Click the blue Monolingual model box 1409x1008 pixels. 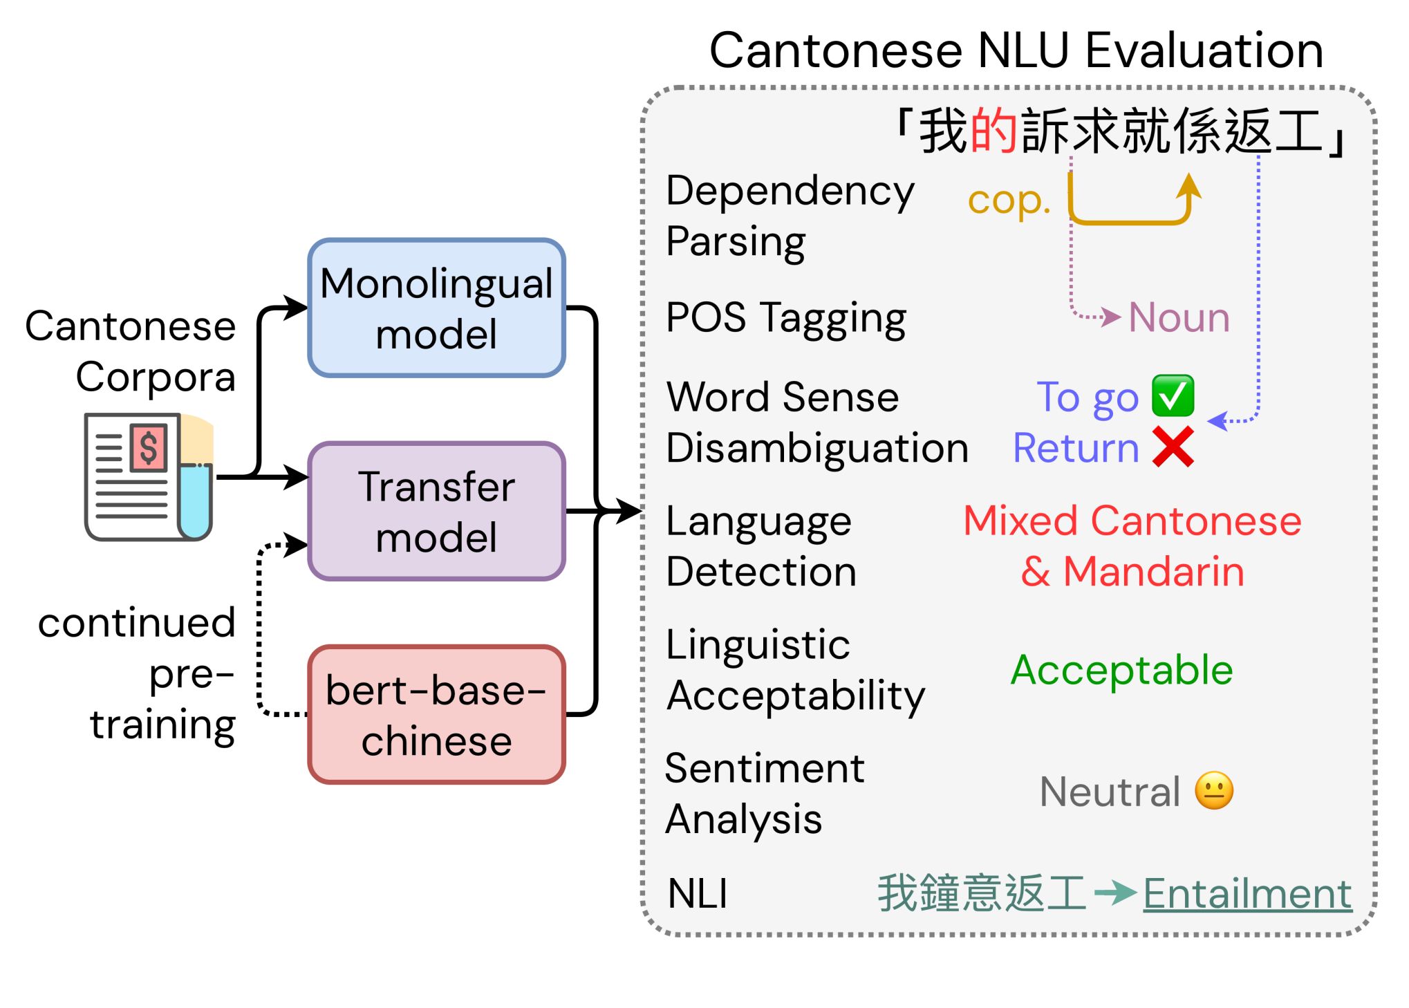pyautogui.click(x=436, y=308)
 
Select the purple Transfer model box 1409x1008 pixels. pyautogui.click(x=436, y=511)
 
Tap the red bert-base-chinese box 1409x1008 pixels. pyautogui.click(x=436, y=715)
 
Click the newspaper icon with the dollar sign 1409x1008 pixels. pyautogui.click(x=148, y=476)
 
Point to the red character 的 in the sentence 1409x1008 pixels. pyautogui.click(x=993, y=131)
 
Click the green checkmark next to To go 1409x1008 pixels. pyautogui.click(x=1173, y=396)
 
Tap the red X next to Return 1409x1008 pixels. pyautogui.click(x=1173, y=447)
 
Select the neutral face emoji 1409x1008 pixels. pyautogui.click(x=1214, y=790)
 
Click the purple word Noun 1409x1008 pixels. pyautogui.click(x=1179, y=317)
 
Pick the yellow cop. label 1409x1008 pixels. pyautogui.click(x=1009, y=200)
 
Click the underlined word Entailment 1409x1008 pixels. pyautogui.click(x=1247, y=893)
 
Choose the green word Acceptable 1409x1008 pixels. pyautogui.click(x=1121, y=670)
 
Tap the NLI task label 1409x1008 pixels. pyautogui.click(x=697, y=893)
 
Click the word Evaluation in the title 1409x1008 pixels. pyautogui.click(x=1204, y=50)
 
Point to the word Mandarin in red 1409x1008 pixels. pyautogui.click(x=1153, y=572)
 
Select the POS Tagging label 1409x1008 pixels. pyautogui.click(x=785, y=318)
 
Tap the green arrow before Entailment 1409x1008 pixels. pyautogui.click(x=1115, y=893)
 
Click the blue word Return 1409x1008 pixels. pyautogui.click(x=1076, y=447)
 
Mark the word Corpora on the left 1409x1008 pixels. pyautogui.click(x=156, y=377)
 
